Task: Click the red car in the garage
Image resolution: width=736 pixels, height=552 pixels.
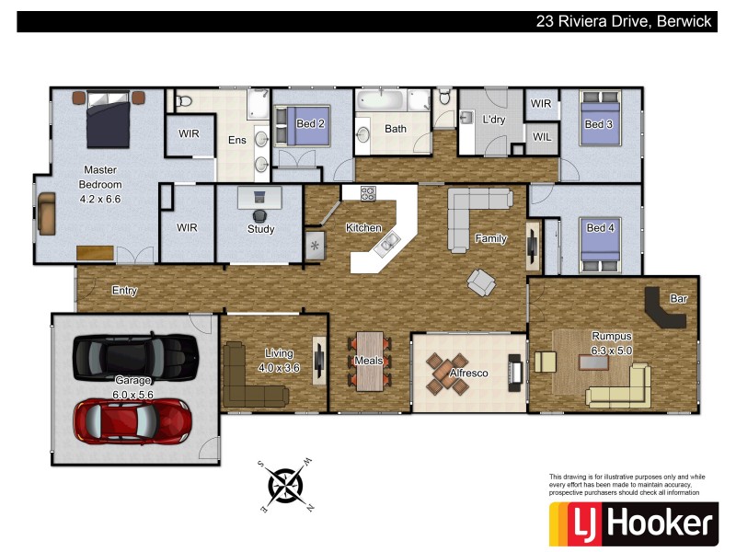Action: point(133,420)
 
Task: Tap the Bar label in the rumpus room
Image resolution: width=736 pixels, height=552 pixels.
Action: point(679,299)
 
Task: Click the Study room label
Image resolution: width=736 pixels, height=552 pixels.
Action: point(260,229)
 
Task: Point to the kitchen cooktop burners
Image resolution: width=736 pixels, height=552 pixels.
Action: point(369,193)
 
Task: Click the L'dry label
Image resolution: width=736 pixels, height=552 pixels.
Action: point(495,120)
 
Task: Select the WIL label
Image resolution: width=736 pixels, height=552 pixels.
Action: point(541,136)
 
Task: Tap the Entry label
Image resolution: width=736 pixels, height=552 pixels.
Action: point(124,291)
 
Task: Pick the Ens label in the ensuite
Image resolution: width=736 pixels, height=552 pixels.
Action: point(236,140)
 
